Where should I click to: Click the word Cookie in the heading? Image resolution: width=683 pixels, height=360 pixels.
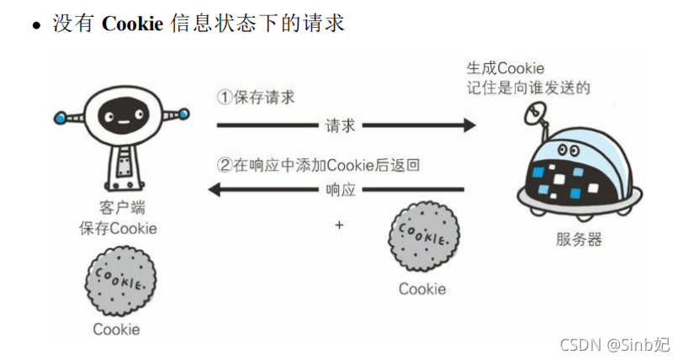[x=132, y=23]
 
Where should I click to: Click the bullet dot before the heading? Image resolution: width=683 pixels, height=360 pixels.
[x=36, y=25]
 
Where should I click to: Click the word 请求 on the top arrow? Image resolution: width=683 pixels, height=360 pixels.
[x=341, y=126]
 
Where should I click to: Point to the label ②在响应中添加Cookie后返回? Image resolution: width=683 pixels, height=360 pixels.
[x=318, y=165]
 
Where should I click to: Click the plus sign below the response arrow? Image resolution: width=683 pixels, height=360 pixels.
[x=340, y=225]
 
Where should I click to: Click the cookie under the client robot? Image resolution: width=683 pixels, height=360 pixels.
[x=119, y=280]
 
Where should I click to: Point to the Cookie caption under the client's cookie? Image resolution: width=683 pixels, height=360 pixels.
[x=116, y=329]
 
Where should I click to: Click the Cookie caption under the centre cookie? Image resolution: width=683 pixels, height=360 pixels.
[x=422, y=289]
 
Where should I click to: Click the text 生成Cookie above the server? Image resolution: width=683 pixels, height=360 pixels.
[x=506, y=68]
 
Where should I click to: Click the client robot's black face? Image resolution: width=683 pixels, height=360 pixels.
[x=119, y=117]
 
